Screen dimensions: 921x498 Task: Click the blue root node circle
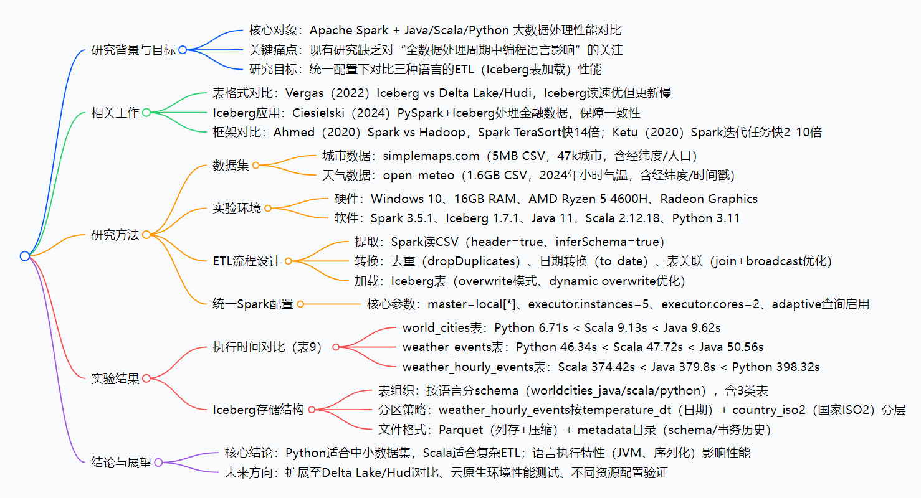click(x=24, y=256)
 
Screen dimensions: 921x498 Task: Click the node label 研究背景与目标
click(x=133, y=50)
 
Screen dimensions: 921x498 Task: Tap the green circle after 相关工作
click(x=146, y=113)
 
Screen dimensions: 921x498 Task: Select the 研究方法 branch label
click(x=115, y=235)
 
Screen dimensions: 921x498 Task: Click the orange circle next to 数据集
click(x=255, y=165)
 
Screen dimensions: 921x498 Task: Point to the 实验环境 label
click(x=237, y=209)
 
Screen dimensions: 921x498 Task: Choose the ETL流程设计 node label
click(x=247, y=261)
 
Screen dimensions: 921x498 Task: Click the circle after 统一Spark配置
click(x=300, y=304)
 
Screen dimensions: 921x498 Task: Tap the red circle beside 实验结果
click(x=146, y=378)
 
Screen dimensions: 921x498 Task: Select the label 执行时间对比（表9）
click(x=267, y=347)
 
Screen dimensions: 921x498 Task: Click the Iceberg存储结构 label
click(x=258, y=410)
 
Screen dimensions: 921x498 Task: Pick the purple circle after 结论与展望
click(x=158, y=463)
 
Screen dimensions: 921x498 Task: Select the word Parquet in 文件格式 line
click(x=461, y=430)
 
